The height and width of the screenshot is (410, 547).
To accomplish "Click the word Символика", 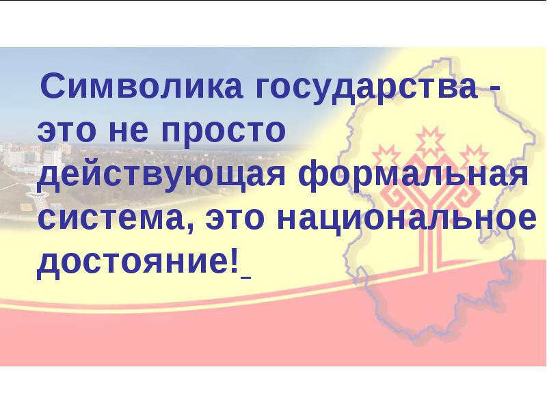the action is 142,86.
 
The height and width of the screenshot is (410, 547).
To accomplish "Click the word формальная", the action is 414,176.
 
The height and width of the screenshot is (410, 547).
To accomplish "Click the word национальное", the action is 407,220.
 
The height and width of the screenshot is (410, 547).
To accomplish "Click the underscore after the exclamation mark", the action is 245,278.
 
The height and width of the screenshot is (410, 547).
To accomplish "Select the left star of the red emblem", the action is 386,158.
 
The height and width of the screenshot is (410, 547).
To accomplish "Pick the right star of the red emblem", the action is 474,158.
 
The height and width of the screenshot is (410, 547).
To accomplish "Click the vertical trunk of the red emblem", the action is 432,244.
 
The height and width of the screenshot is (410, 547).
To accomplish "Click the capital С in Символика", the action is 53,86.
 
